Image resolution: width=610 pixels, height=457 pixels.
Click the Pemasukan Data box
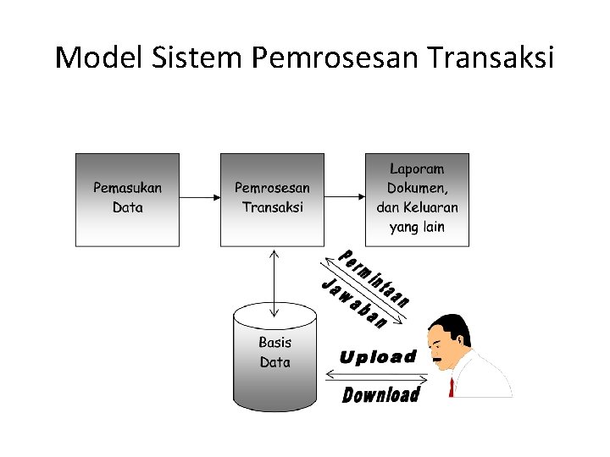[127, 200]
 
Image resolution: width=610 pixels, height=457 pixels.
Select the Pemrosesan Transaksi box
[272, 200]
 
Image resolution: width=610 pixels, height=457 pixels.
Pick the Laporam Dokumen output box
[417, 200]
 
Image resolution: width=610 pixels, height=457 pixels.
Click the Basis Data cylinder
[274, 355]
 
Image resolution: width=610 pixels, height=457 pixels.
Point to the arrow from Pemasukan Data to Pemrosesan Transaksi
[200, 198]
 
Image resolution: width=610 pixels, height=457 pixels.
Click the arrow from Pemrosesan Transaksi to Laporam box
[345, 198]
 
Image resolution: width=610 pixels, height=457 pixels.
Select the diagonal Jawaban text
[354, 303]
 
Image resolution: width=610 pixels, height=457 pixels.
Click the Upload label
[378, 357]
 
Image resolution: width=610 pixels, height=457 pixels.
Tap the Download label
[380, 394]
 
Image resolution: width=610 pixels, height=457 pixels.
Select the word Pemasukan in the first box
[127, 188]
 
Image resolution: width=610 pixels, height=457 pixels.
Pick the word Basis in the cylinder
[274, 343]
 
